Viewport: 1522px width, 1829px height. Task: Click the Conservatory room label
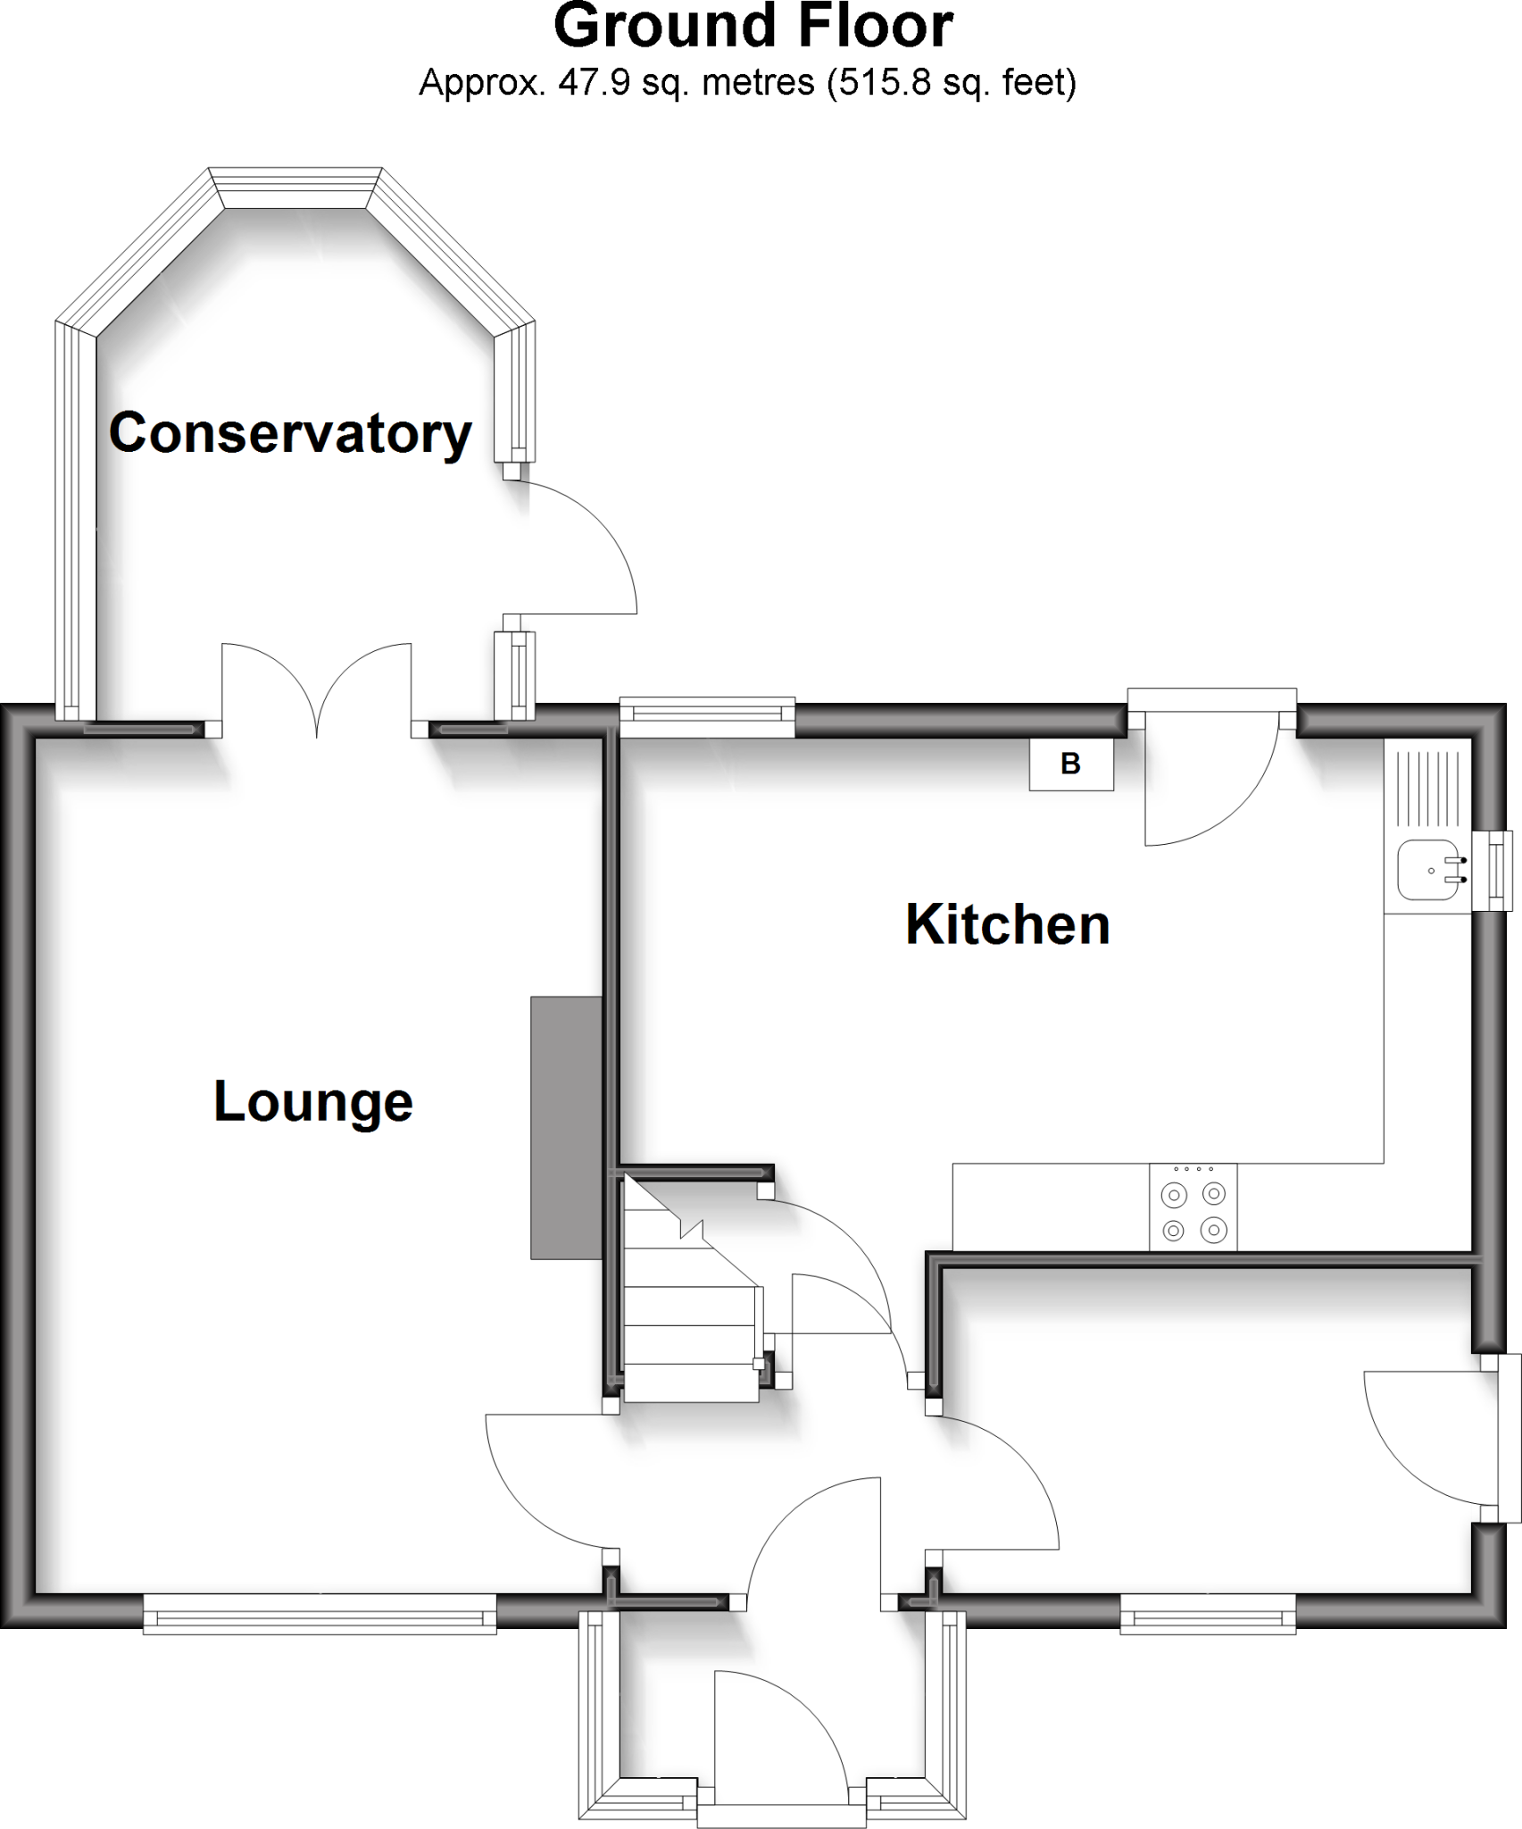tap(290, 434)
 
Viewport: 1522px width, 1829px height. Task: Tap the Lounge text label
tap(312, 1101)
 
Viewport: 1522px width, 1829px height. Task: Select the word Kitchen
tap(1007, 924)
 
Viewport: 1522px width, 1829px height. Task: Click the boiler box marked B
tap(1070, 764)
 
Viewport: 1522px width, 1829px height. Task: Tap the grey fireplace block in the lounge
tap(566, 1127)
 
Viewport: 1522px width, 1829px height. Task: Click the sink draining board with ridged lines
tap(1426, 789)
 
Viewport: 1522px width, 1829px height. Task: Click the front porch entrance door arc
tap(777, 1733)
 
